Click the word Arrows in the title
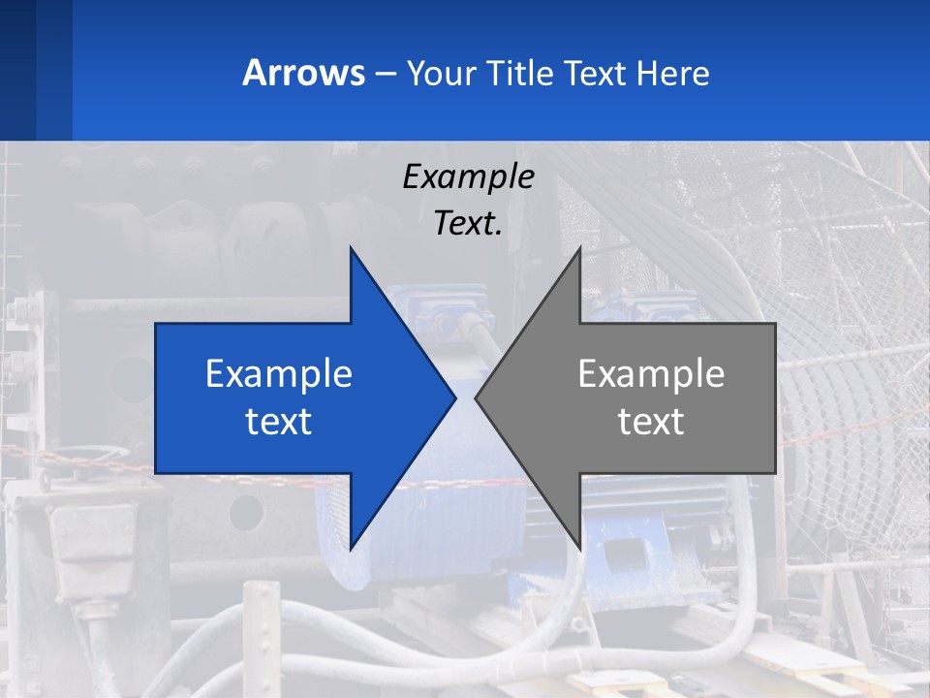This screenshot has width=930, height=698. pos(303,73)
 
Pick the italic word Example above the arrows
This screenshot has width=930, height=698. pos(468,176)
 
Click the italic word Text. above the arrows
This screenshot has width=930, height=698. pos(468,223)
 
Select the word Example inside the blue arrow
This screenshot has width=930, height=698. pos(279,373)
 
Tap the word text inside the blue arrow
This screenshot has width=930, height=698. pos(279,421)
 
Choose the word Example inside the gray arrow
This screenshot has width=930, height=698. pos(651,373)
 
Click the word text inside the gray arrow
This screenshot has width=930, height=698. pos(651,421)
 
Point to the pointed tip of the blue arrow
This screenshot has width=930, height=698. pos(454,397)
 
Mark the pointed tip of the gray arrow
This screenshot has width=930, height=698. pos(476,397)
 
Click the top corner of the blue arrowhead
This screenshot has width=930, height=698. pos(351,248)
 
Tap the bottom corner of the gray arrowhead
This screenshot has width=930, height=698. pos(579,549)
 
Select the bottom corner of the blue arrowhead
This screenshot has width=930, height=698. pos(351,549)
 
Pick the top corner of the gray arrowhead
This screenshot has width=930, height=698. pos(579,248)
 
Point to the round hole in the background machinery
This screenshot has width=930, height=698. pos(246,512)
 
